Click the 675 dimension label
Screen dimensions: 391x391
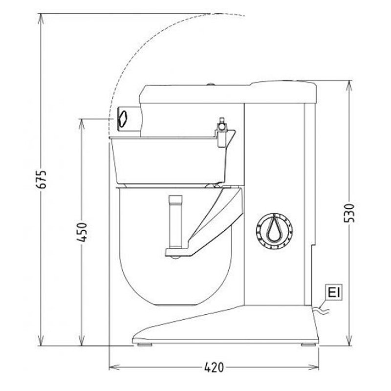43,180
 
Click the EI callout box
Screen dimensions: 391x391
334,293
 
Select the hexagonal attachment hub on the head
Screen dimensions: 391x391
122,118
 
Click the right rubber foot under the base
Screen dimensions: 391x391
307,345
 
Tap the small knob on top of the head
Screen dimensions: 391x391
211,84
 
